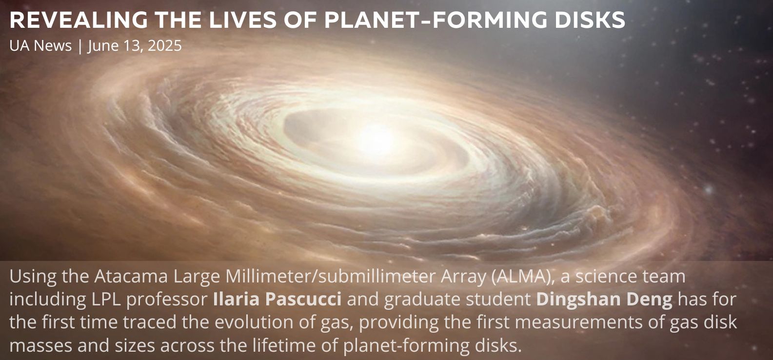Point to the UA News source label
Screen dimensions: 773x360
pyautogui.click(x=40, y=45)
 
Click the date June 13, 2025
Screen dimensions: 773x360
pyautogui.click(x=135, y=46)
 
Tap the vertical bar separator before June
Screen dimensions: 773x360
pyautogui.click(x=79, y=46)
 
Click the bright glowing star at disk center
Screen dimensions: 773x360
pyautogui.click(x=376, y=140)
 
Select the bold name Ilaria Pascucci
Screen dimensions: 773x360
pyautogui.click(x=277, y=299)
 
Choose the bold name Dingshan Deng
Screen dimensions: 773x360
pyautogui.click(x=604, y=300)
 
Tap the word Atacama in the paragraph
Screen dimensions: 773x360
pyautogui.click(x=131, y=276)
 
